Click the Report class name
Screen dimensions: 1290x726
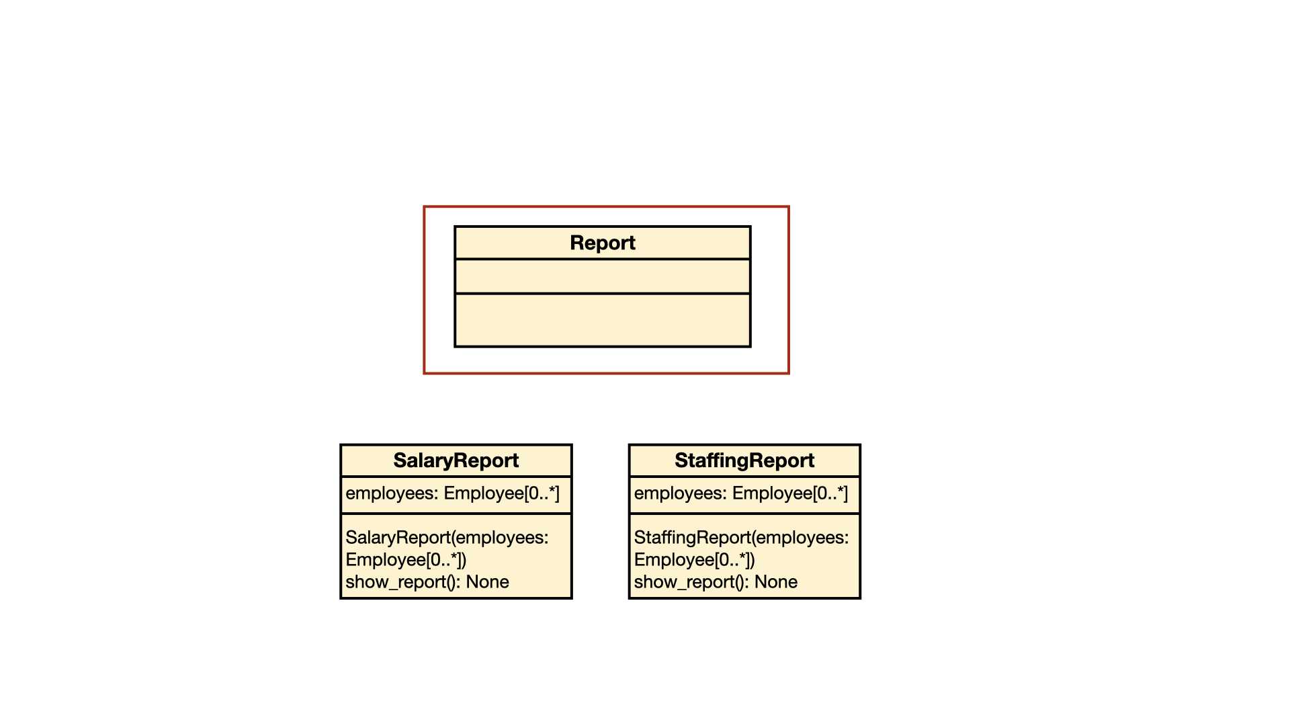[603, 243]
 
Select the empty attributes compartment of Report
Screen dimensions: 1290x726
[603, 276]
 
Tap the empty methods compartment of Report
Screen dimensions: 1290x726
[603, 320]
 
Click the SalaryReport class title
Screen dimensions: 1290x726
[456, 460]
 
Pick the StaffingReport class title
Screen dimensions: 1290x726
[744, 460]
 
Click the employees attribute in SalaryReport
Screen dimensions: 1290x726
[452, 493]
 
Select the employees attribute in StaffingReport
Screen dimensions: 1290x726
[741, 493]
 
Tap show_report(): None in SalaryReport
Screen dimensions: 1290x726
[427, 582]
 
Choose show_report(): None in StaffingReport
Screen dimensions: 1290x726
[716, 582]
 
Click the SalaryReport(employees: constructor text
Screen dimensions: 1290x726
[447, 538]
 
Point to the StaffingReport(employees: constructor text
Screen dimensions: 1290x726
[742, 538]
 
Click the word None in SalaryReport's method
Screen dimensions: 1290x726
[487, 582]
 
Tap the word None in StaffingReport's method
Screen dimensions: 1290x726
[776, 582]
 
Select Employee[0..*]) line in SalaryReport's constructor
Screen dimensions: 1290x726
[406, 560]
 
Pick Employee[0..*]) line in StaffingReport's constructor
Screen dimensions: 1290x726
[695, 560]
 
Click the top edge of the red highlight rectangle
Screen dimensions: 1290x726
[606, 207]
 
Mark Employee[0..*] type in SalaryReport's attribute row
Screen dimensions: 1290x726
[501, 493]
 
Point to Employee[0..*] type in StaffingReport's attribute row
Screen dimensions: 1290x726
[790, 493]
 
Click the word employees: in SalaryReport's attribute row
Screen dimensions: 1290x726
[392, 494]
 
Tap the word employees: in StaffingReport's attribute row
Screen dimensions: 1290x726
[681, 494]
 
